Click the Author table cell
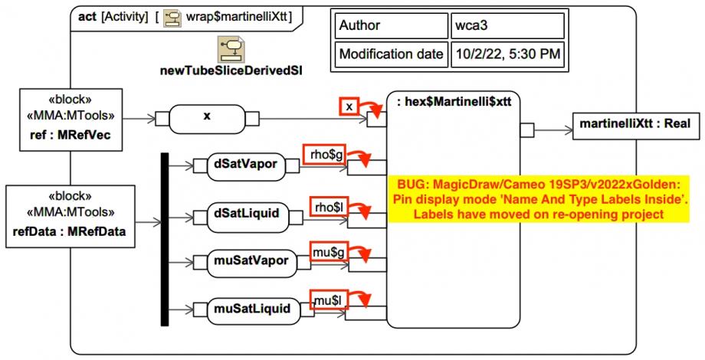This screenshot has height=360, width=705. tap(389, 26)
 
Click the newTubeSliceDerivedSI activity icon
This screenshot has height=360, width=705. tap(230, 50)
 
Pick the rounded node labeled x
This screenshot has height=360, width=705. tap(207, 117)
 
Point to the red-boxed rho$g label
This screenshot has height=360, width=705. tap(325, 155)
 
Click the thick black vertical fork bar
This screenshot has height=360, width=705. tap(163, 238)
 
